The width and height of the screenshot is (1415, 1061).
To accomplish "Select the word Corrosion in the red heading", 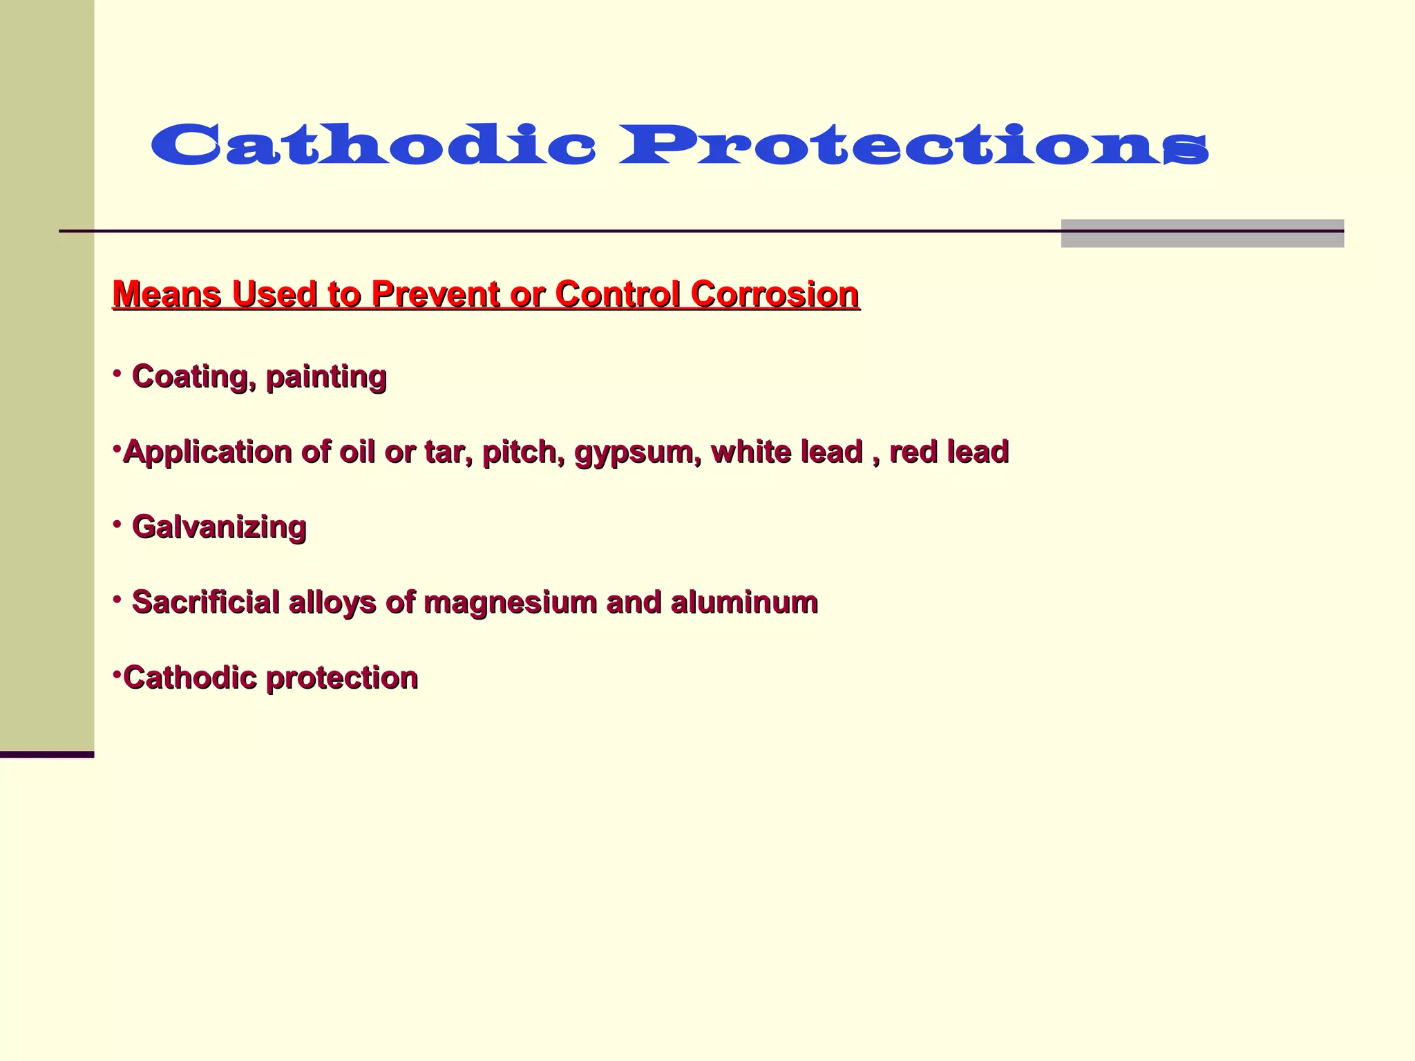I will click(775, 294).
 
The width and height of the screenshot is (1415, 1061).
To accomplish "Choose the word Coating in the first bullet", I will click(191, 377).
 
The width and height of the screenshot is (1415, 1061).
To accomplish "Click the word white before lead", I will click(751, 452).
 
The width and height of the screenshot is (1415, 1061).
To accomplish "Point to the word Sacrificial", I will click(205, 602).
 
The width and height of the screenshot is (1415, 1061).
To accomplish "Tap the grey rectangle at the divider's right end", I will click(1202, 233).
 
